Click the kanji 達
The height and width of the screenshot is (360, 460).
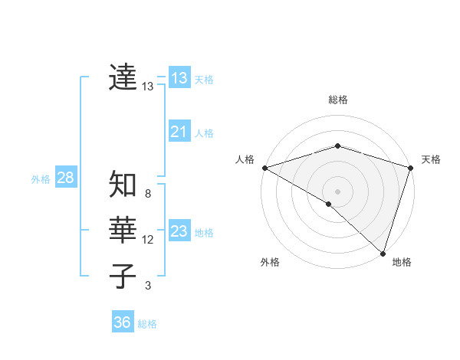click(x=123, y=77)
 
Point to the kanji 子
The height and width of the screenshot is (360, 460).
click(x=123, y=277)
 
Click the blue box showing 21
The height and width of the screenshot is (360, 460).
click(x=179, y=132)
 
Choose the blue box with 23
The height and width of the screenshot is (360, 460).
click(x=179, y=231)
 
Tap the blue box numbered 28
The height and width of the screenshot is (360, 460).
click(x=65, y=178)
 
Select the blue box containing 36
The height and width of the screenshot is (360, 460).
click(x=123, y=322)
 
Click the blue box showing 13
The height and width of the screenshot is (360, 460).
click(x=179, y=77)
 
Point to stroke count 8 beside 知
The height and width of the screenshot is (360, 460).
click(x=148, y=194)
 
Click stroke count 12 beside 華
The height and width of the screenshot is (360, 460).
click(x=148, y=240)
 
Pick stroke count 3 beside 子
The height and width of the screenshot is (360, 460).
click(x=148, y=286)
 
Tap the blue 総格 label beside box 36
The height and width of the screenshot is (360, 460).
click(x=147, y=324)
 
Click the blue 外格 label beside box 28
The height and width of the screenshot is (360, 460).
click(x=41, y=179)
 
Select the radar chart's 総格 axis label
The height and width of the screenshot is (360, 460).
click(x=338, y=100)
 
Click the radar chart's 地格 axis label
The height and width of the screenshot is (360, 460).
click(x=402, y=263)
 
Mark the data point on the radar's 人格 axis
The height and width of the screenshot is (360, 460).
click(x=264, y=167)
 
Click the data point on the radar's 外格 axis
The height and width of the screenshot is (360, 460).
click(x=329, y=204)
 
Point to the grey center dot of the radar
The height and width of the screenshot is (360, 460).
click(x=337, y=191)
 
